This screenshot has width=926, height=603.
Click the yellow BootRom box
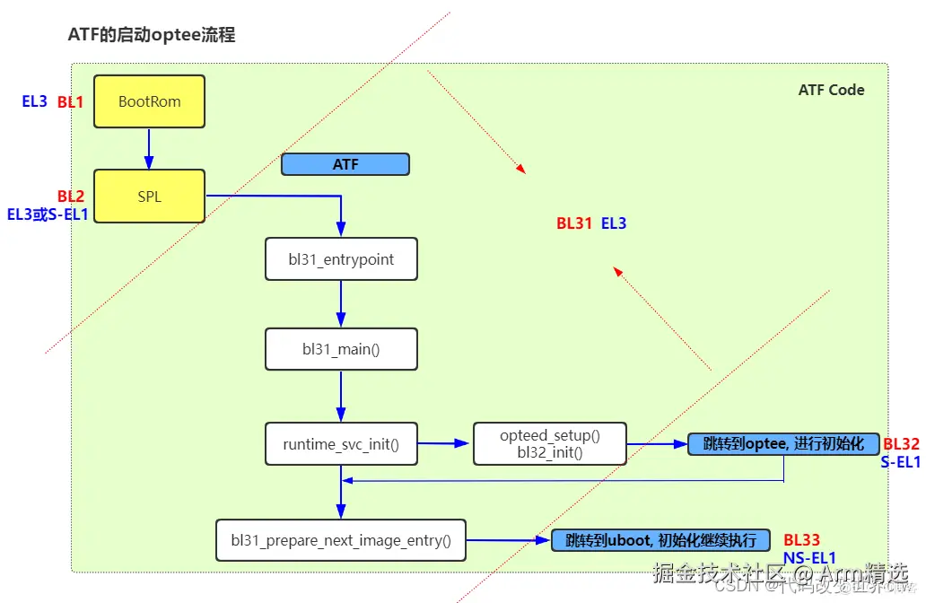(149, 101)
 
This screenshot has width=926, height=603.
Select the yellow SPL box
(149, 196)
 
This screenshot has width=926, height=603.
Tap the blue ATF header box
(345, 164)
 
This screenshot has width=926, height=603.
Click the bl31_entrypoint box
(341, 259)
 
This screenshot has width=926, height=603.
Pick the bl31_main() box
(341, 348)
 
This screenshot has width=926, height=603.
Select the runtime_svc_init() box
(341, 443)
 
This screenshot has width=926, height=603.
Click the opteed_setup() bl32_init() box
(549, 443)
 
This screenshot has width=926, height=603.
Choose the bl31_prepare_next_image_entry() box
(341, 540)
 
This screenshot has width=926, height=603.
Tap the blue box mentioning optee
(782, 443)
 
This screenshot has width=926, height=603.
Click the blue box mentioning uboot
(660, 540)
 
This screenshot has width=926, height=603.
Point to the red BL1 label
(70, 102)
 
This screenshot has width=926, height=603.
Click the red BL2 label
(70, 197)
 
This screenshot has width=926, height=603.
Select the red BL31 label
(574, 223)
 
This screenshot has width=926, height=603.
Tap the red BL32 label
(901, 444)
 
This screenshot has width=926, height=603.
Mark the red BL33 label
(801, 540)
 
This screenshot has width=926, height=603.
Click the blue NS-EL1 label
(809, 558)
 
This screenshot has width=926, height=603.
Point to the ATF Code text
(831, 90)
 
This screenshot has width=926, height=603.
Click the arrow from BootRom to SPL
(149, 148)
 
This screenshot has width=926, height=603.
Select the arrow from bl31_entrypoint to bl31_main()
(341, 304)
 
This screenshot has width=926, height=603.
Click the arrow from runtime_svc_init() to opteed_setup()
(445, 443)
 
